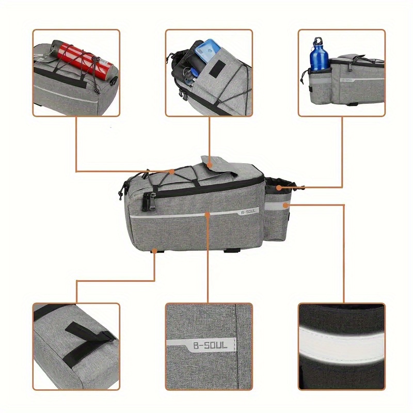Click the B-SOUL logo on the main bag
point(247,211)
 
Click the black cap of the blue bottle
point(316,41)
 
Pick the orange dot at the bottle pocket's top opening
point(278,187)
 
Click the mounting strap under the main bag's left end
point(155,251)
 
